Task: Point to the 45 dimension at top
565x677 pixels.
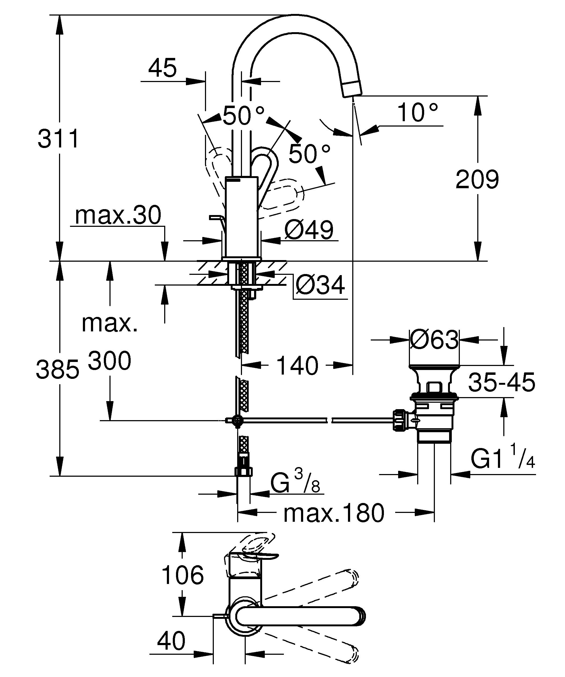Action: pos(163,68)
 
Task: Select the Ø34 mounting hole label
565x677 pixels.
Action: pos(320,285)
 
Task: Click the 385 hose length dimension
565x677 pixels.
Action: pos(57,369)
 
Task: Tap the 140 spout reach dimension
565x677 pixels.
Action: pos(297,366)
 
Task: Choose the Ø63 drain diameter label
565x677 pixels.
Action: pos(434,339)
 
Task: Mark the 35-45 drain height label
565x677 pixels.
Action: pos(501,383)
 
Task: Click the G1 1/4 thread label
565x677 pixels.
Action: pos(502,459)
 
